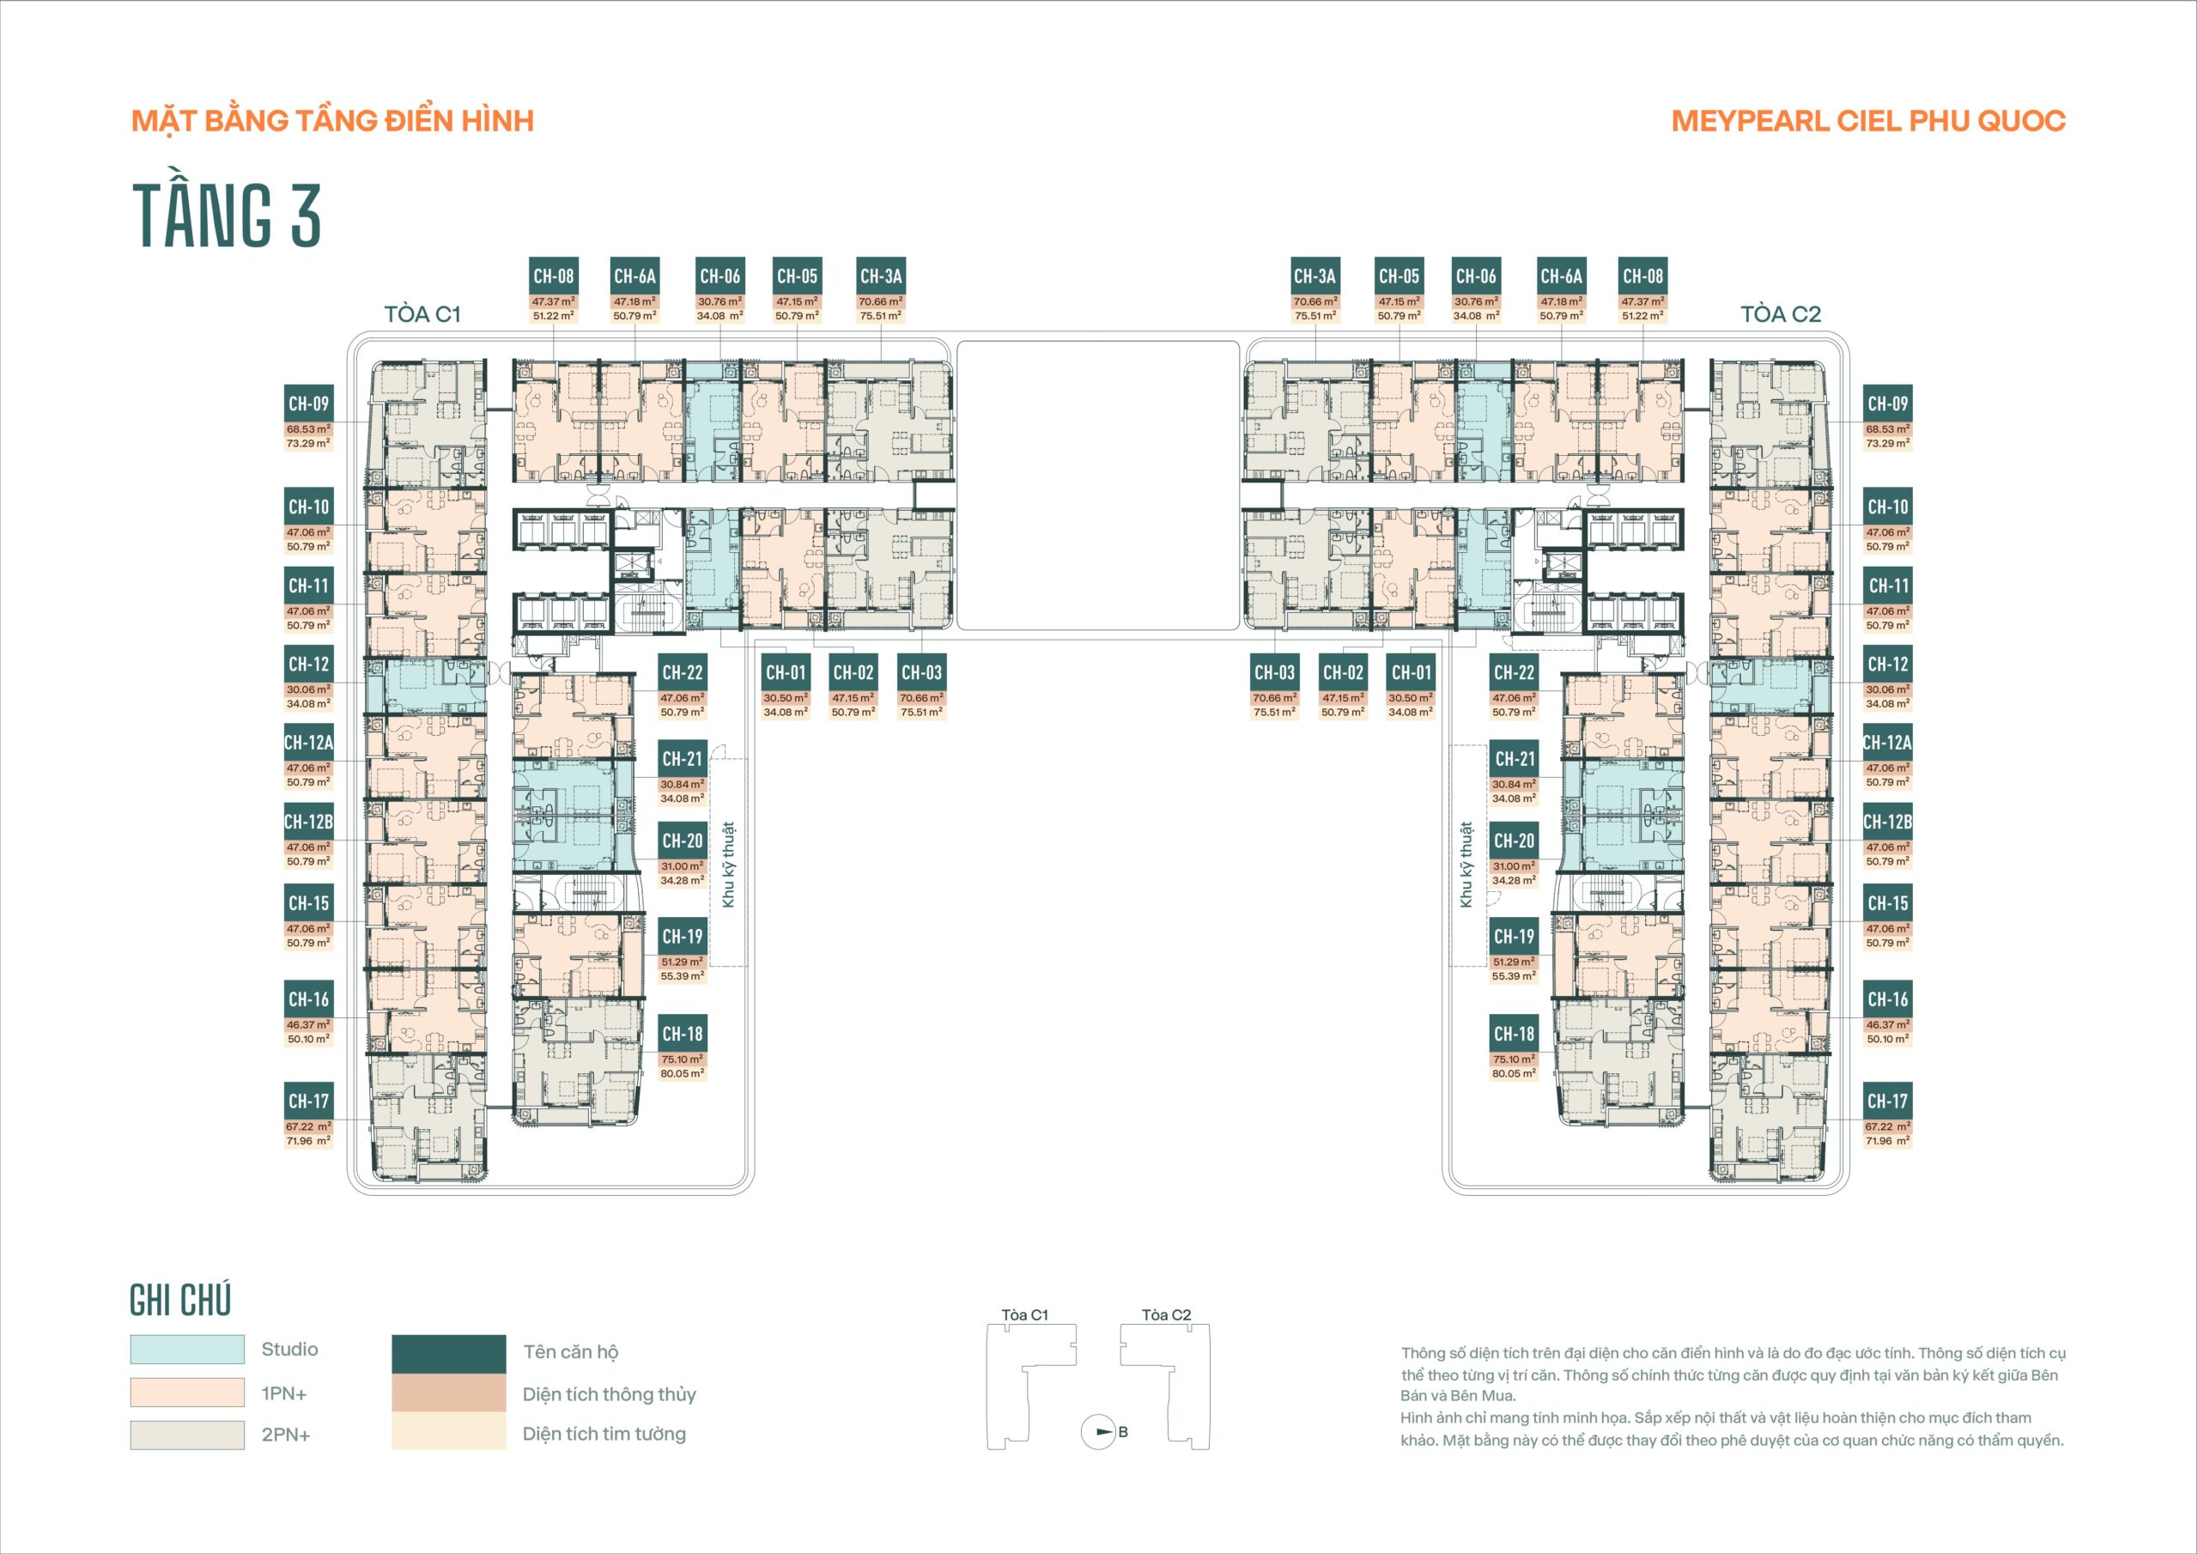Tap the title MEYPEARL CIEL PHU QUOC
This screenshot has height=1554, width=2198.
pyautogui.click(x=1867, y=122)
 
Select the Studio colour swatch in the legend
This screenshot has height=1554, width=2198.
pyautogui.click(x=188, y=1349)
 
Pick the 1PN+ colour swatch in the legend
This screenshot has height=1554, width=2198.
pyautogui.click(x=188, y=1393)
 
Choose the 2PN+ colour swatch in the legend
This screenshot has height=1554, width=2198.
pyautogui.click(x=188, y=1435)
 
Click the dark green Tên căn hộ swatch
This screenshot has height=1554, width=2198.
pyautogui.click(x=449, y=1354)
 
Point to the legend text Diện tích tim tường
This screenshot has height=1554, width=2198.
pyautogui.click(x=604, y=1433)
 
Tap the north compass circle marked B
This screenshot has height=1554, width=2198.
pyautogui.click(x=1098, y=1432)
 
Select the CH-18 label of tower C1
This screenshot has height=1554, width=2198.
pyautogui.click(x=683, y=1034)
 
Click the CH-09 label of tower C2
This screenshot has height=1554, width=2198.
pyautogui.click(x=1888, y=404)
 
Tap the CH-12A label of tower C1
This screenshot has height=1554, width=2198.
pyautogui.click(x=308, y=743)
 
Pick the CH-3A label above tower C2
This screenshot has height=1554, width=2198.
pyautogui.click(x=1315, y=276)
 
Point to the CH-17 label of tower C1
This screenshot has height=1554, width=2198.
pyautogui.click(x=309, y=1102)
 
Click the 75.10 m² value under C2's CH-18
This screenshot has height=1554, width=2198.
pyautogui.click(x=1514, y=1059)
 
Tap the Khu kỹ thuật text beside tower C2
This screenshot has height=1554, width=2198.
pyautogui.click(x=1466, y=865)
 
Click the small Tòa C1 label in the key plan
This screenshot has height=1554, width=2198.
pyautogui.click(x=1025, y=1314)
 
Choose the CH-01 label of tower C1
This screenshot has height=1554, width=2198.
pyautogui.click(x=786, y=673)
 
